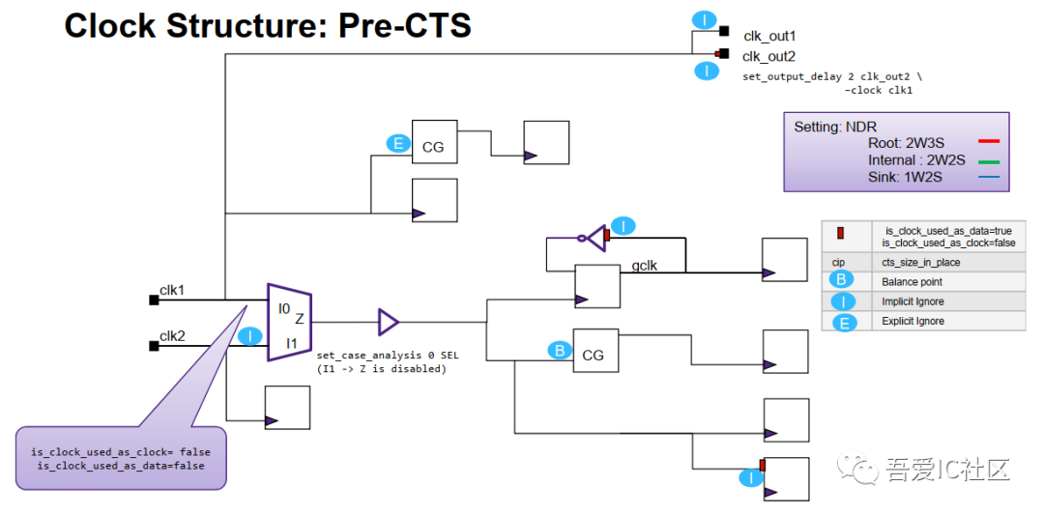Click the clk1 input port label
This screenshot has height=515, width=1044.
point(172,289)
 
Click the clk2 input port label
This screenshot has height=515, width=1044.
point(172,335)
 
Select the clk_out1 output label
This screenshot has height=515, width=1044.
point(769,35)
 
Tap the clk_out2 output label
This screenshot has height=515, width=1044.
point(769,56)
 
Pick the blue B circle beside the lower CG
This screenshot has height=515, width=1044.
point(559,351)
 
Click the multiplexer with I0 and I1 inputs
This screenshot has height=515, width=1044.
point(289,322)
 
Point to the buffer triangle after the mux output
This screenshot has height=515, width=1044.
point(388,322)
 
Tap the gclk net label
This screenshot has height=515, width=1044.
point(645,265)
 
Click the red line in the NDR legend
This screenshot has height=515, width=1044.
point(988,142)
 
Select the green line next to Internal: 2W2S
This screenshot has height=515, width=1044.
point(988,160)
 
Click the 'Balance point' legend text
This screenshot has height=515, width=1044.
point(912,282)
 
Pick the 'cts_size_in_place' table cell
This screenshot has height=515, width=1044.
point(920,262)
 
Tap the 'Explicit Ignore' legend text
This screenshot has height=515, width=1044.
point(913,321)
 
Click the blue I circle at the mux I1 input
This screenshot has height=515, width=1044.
point(250,336)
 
